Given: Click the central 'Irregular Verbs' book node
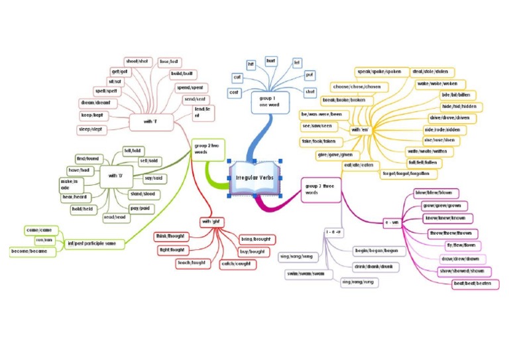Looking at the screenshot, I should coord(255,178).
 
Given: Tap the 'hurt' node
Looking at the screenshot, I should coord(270,60).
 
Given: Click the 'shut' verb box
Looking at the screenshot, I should coord(310,92).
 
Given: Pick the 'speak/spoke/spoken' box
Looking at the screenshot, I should coord(379,71).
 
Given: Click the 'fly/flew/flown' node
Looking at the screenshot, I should coord(459,245).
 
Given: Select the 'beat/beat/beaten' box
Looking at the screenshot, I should coord(475,284).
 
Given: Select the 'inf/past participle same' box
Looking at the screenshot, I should coord(91,243).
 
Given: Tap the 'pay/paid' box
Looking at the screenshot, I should coord(139,208).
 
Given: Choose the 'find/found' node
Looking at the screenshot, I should coord(89,159).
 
